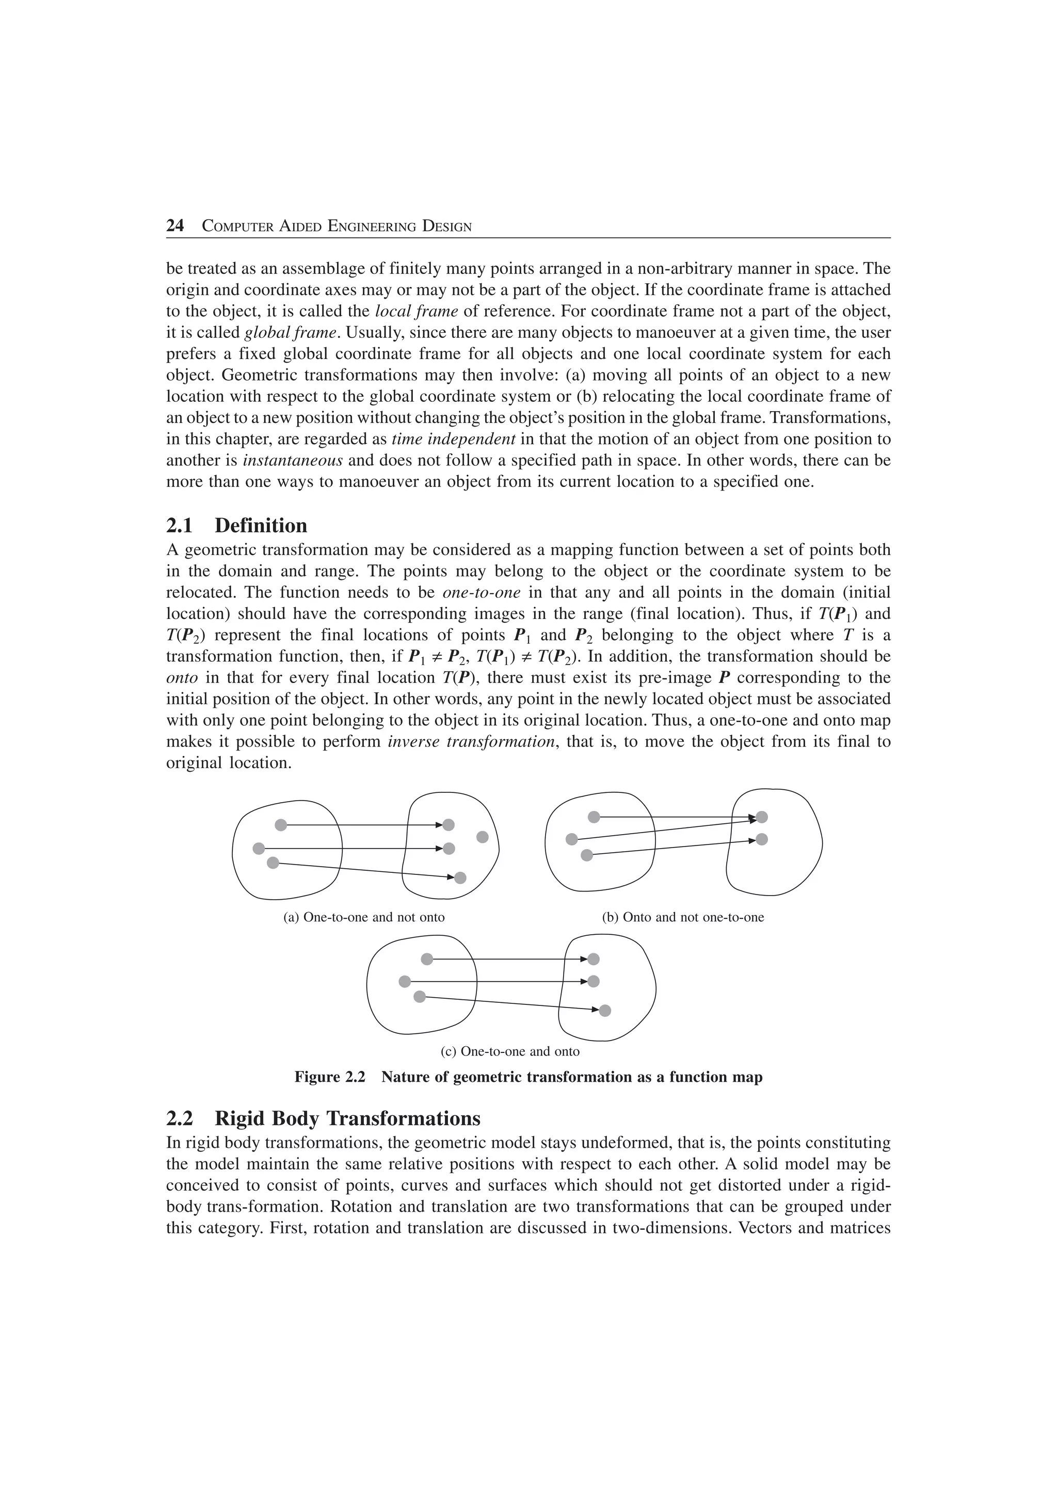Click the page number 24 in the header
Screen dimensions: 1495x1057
pyautogui.click(x=175, y=226)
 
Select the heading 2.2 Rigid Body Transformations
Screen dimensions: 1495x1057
pyautogui.click(x=323, y=1118)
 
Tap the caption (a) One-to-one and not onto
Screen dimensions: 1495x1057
pyautogui.click(x=364, y=917)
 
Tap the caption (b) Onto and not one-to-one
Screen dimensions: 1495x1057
pyautogui.click(x=683, y=917)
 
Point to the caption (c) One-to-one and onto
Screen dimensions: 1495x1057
pyautogui.click(x=510, y=1051)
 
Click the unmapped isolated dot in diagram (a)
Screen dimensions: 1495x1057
pyautogui.click(x=483, y=837)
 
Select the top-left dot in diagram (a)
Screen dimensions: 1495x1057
pyautogui.click(x=281, y=825)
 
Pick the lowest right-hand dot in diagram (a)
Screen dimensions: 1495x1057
pyautogui.click(x=460, y=878)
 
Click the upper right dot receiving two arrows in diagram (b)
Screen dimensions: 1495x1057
pyautogui.click(x=762, y=817)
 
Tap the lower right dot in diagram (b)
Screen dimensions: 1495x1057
pyautogui.click(x=762, y=839)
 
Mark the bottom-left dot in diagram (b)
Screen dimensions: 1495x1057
pyautogui.click(x=587, y=855)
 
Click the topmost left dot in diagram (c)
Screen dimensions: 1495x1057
pyautogui.click(x=427, y=958)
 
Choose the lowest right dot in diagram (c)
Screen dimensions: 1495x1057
pyautogui.click(x=605, y=1011)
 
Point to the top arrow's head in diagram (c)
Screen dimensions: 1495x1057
pyautogui.click(x=584, y=958)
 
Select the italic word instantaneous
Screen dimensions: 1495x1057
pyautogui.click(x=293, y=460)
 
